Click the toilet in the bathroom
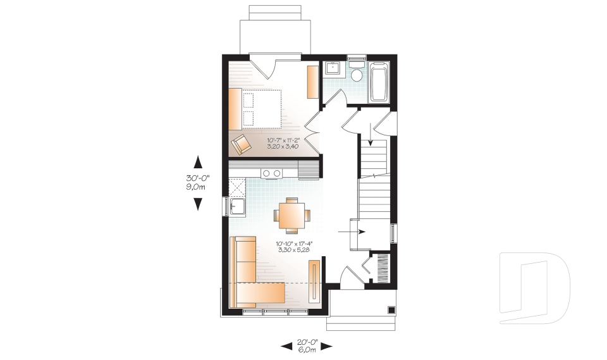(x=357, y=73)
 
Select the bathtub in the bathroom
(x=378, y=82)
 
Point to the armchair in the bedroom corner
(x=241, y=144)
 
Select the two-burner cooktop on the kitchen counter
(x=272, y=172)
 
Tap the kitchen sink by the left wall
(x=238, y=207)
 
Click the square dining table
(x=291, y=214)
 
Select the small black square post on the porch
(x=391, y=310)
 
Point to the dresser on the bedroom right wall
(x=312, y=82)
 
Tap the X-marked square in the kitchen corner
(x=236, y=187)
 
